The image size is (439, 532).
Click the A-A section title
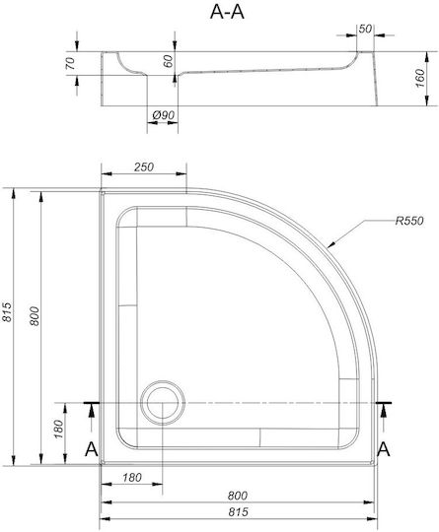click(x=227, y=12)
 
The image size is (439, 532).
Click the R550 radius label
click(x=409, y=221)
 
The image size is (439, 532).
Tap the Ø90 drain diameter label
click(x=164, y=115)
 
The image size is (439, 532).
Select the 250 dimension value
click(x=144, y=166)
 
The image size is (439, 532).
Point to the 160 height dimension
click(x=420, y=78)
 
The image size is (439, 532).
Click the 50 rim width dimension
click(x=365, y=29)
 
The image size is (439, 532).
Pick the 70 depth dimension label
click(x=70, y=63)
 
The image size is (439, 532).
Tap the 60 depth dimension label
click(x=168, y=61)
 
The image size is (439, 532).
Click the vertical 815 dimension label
click(x=7, y=311)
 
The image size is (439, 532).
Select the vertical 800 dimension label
click(x=35, y=316)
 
